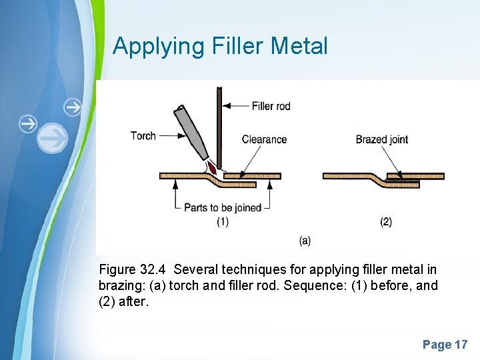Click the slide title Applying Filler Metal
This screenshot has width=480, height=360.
(220, 46)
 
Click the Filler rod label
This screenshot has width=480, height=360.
(271, 105)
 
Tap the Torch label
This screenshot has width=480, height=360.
(143, 135)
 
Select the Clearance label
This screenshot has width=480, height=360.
(264, 139)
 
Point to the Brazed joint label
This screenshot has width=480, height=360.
(381, 139)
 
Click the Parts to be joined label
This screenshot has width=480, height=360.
(223, 207)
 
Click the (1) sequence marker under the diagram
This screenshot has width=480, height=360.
(223, 222)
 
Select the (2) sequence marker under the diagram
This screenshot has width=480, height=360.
(386, 222)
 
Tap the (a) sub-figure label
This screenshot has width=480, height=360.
(305, 241)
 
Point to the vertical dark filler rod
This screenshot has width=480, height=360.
(219, 123)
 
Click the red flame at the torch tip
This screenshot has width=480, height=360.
(211, 165)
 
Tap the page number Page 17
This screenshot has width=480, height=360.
(445, 345)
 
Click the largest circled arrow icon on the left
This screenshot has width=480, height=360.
(52, 138)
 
